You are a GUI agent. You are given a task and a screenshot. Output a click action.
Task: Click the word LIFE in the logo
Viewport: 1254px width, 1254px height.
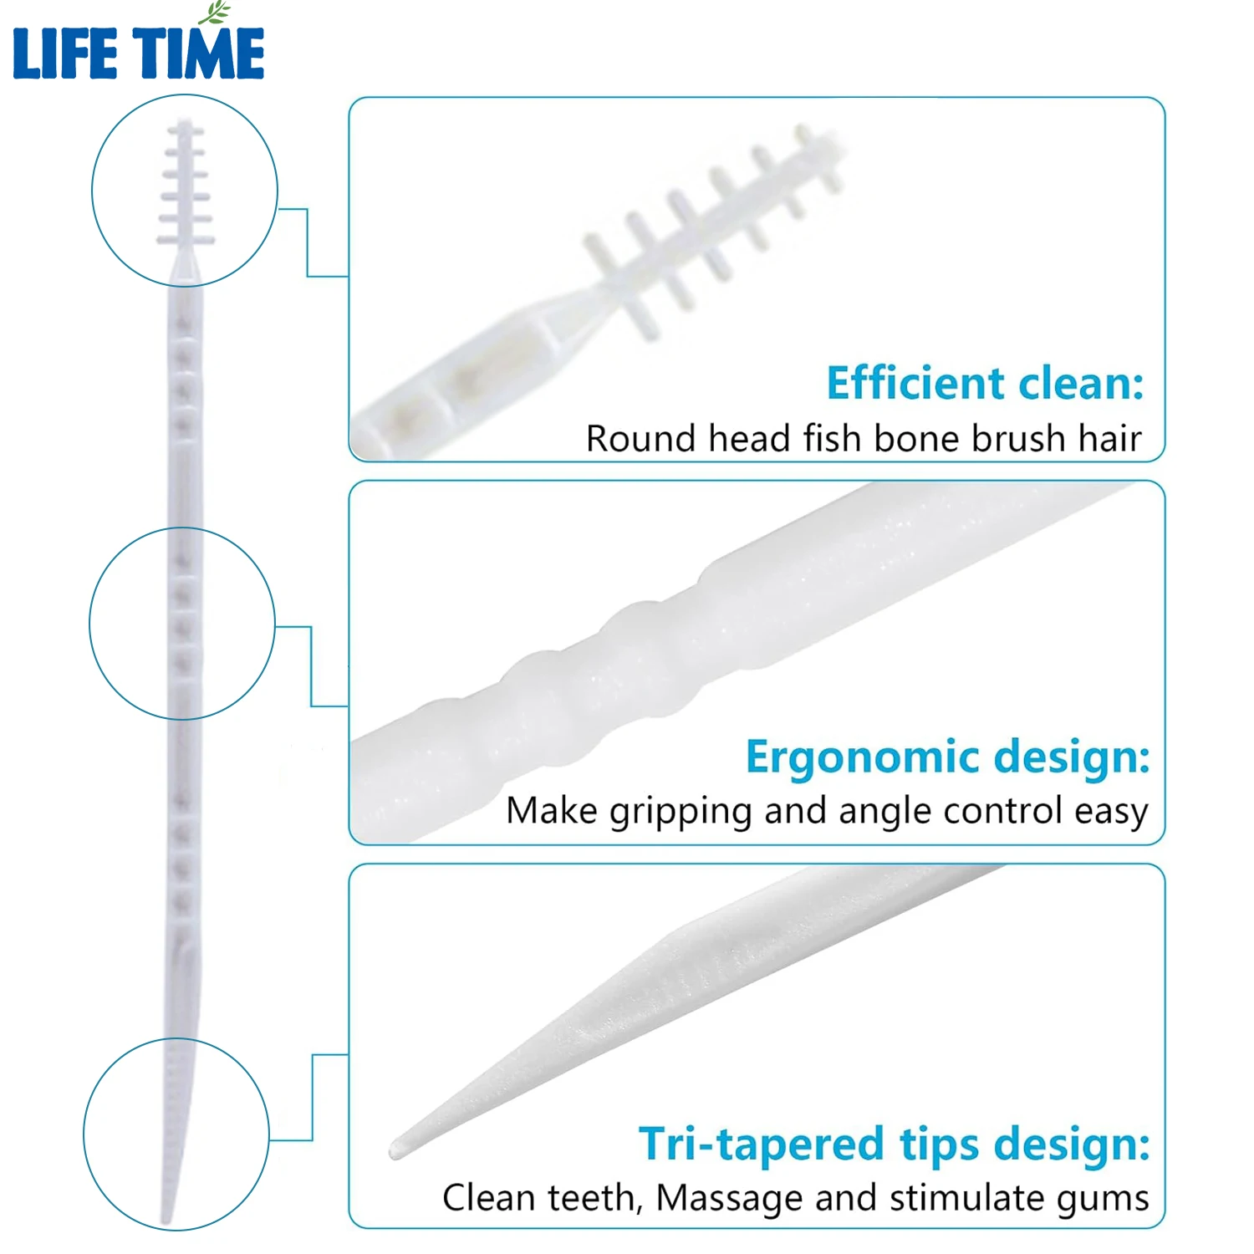pos(64,54)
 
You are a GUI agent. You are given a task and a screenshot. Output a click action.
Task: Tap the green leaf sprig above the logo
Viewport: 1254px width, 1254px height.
pos(215,13)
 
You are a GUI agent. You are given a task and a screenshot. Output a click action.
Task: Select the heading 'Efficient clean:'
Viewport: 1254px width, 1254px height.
pos(985,384)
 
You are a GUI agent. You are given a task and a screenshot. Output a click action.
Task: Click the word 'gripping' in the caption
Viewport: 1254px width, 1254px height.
pos(681,812)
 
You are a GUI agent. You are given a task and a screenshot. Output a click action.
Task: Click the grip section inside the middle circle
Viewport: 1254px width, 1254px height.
pos(184,623)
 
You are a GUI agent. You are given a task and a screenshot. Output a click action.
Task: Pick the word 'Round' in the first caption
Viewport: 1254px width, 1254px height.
pos(640,439)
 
